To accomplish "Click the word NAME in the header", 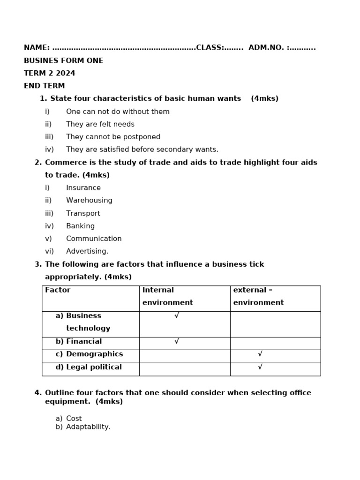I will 36,48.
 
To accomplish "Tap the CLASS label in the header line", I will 210,48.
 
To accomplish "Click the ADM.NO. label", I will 266,48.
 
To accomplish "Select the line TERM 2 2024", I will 49,73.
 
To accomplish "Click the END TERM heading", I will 44,86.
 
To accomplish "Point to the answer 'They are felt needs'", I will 100,124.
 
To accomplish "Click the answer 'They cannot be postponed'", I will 113,137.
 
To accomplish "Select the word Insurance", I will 83,187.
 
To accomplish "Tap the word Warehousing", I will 89,200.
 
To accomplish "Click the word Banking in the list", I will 80,226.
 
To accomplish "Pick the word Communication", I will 94,239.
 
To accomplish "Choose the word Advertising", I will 87,251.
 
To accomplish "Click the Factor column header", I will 58,290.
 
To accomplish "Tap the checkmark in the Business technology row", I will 177,315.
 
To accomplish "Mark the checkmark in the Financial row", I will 177,341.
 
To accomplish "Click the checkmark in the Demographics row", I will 260,354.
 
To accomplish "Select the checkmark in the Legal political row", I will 260,367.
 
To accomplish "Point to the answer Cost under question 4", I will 74,418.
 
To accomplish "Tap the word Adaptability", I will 88,427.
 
